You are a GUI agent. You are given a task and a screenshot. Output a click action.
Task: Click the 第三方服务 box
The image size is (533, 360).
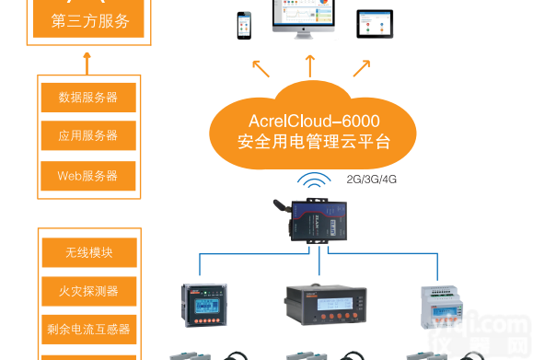click(x=88, y=19)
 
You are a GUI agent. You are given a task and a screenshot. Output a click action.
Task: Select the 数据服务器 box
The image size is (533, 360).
click(x=88, y=97)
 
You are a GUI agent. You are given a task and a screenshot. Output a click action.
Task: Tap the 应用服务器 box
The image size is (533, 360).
click(x=88, y=135)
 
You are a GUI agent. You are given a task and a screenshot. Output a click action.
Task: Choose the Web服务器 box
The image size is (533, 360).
click(x=88, y=175)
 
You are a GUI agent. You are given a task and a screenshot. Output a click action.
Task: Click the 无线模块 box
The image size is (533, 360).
click(x=88, y=251)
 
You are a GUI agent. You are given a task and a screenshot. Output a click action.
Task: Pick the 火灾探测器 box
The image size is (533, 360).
click(x=88, y=290)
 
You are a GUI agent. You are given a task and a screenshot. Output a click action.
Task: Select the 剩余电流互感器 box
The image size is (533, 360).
click(x=88, y=328)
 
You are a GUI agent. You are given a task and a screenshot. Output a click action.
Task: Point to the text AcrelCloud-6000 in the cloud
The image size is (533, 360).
click(x=313, y=121)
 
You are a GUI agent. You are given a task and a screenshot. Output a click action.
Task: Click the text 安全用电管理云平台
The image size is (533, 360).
click(x=313, y=142)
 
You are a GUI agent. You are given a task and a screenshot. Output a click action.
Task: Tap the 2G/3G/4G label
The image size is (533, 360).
click(x=368, y=180)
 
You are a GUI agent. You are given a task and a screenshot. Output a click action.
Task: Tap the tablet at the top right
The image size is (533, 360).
click(x=375, y=24)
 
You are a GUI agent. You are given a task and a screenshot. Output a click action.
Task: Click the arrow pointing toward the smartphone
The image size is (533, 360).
click(x=262, y=67)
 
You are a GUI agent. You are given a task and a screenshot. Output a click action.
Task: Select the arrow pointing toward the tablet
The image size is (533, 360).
click(x=361, y=67)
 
